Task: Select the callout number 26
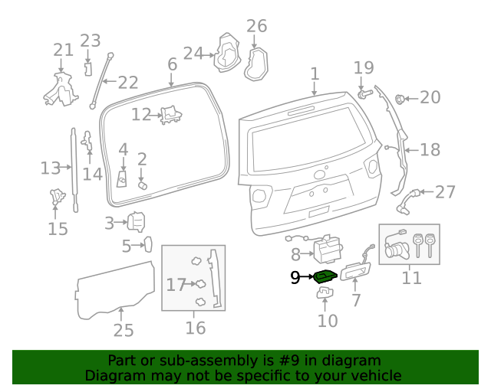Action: click(x=256, y=26)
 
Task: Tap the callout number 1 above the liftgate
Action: click(x=315, y=74)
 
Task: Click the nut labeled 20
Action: click(x=400, y=98)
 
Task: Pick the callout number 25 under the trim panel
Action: click(x=123, y=330)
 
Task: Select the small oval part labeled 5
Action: click(x=148, y=246)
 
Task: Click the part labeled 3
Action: click(x=136, y=222)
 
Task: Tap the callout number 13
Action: click(x=51, y=168)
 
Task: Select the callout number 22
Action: click(x=127, y=82)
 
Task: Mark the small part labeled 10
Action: click(x=325, y=294)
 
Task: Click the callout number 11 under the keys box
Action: click(x=412, y=276)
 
